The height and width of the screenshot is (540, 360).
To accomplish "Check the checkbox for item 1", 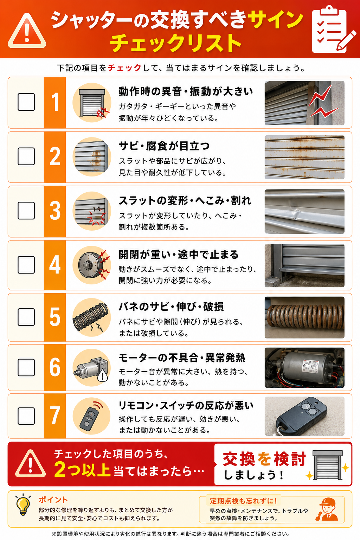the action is click(x=26, y=102).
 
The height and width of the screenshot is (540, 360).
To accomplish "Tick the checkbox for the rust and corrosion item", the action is click(x=26, y=156).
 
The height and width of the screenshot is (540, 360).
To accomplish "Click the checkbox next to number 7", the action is click(x=26, y=416).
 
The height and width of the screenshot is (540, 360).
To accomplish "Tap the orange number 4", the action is click(x=55, y=265).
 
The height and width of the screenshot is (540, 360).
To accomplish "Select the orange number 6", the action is click(x=55, y=367).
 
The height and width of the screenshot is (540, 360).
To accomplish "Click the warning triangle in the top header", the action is click(x=27, y=31).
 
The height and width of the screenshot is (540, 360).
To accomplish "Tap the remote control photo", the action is click(x=304, y=416).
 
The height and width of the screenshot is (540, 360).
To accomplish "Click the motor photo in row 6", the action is click(x=304, y=367).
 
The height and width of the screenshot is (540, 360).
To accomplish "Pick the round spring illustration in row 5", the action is click(x=92, y=317).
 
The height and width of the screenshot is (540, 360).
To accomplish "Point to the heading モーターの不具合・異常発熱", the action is click(x=182, y=358).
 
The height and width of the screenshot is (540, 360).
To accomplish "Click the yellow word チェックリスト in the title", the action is click(x=175, y=43).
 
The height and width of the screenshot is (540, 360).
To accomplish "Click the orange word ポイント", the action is click(x=53, y=500).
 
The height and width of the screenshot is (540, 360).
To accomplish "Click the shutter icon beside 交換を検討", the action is click(x=327, y=464).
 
